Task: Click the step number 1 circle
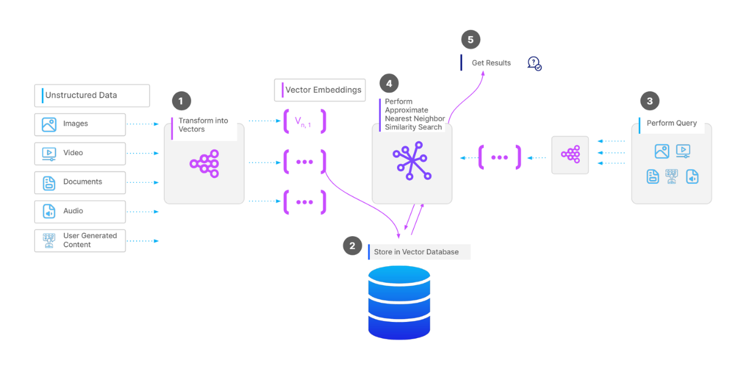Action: [x=181, y=101]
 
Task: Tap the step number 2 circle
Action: [x=352, y=246]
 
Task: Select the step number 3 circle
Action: [x=649, y=101]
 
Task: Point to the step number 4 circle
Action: [x=389, y=83]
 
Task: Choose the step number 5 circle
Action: [x=471, y=40]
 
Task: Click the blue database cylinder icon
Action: [x=399, y=303]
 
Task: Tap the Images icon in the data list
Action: [x=49, y=124]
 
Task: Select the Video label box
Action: [x=80, y=153]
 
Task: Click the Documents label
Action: [x=83, y=182]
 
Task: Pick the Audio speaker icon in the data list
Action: [x=49, y=212]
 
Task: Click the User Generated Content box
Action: [x=80, y=240]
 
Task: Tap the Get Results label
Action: [x=491, y=63]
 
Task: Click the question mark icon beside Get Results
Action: [x=534, y=63]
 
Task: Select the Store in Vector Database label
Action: [x=416, y=252]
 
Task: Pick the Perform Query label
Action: [x=671, y=123]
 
